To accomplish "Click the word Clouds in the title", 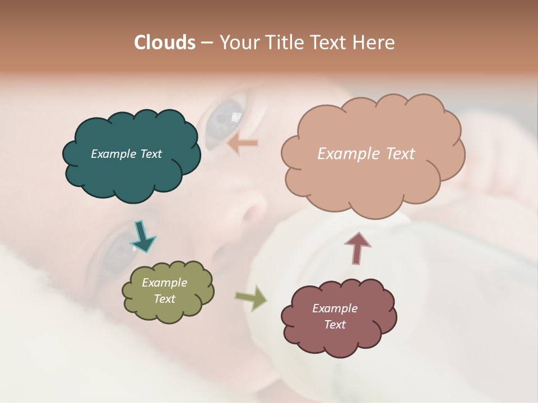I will [164, 43].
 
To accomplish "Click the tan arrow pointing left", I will [243, 143].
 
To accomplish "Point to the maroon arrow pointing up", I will [358, 247].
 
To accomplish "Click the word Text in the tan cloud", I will [401, 154].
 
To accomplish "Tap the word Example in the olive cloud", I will [165, 283].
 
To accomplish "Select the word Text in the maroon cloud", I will [335, 325].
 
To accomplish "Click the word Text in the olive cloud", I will [165, 299].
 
